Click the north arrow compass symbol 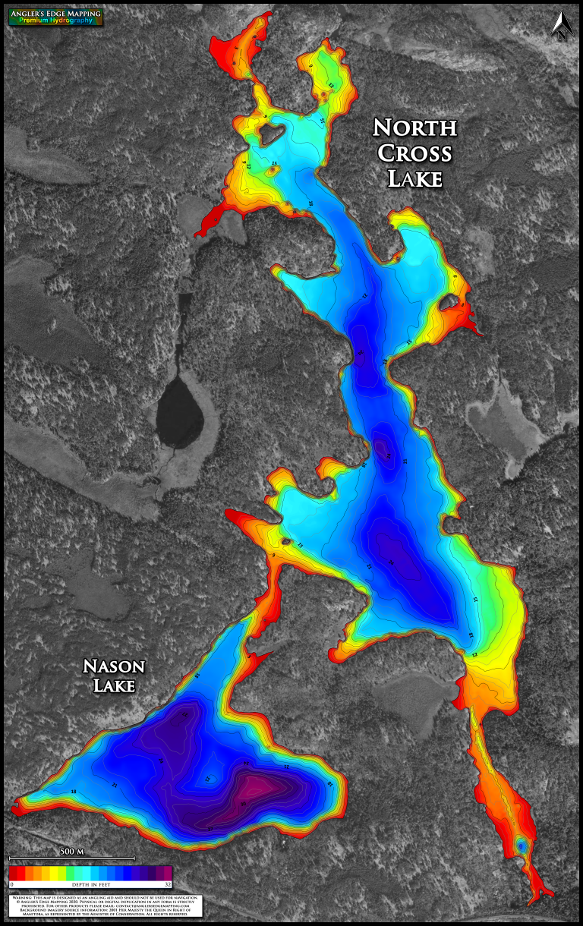pyautogui.click(x=561, y=24)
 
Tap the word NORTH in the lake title pyautogui.click(x=414, y=127)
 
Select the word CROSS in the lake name pyautogui.click(x=414, y=153)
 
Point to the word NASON pyautogui.click(x=114, y=666)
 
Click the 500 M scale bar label pyautogui.click(x=71, y=851)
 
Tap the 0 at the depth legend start pyautogui.click(x=12, y=884)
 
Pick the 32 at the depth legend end pyautogui.click(x=167, y=884)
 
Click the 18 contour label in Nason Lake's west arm pyautogui.click(x=74, y=792)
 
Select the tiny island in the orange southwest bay pyautogui.click(x=286, y=541)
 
